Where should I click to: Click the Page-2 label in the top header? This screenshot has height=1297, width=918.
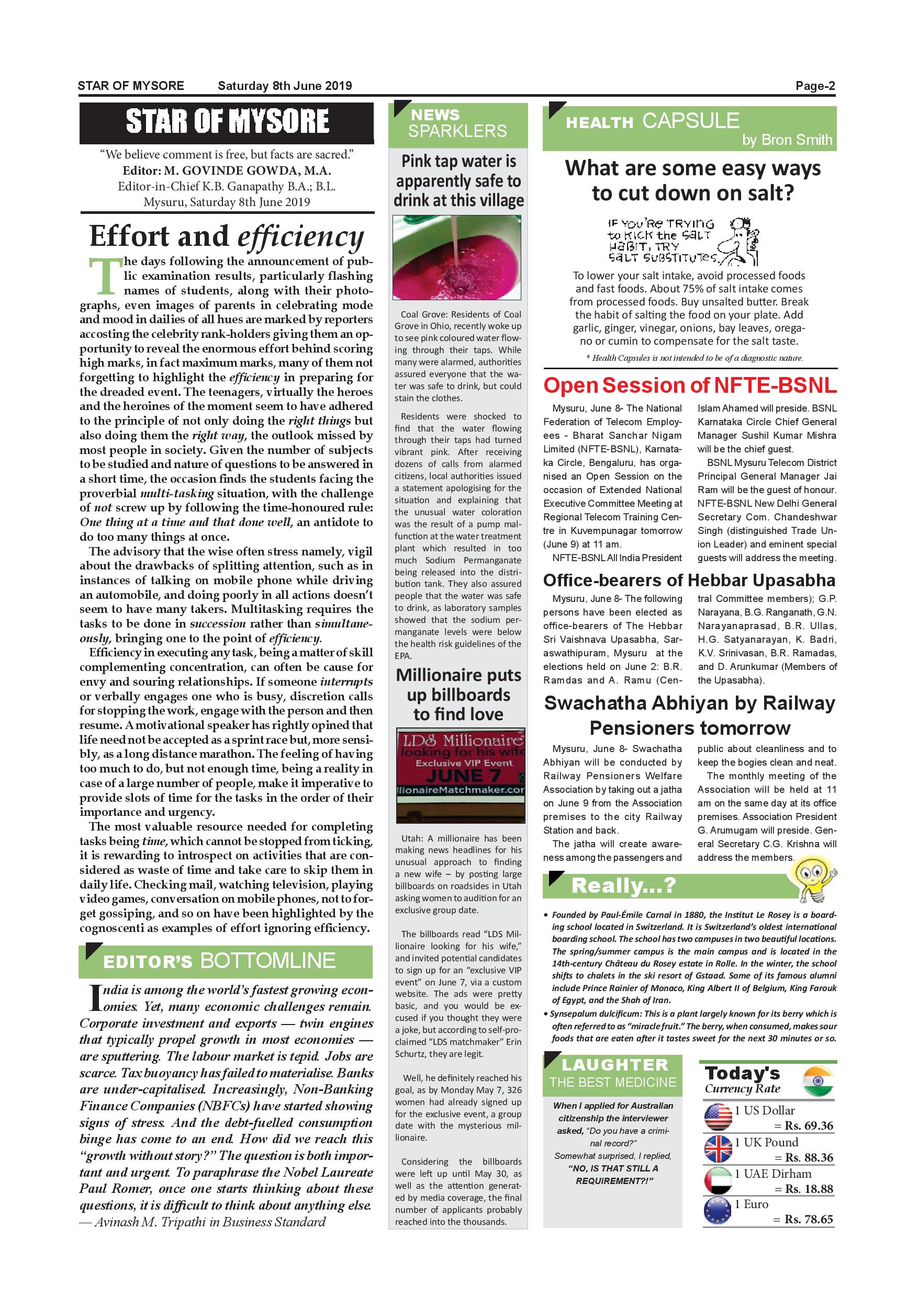click(814, 86)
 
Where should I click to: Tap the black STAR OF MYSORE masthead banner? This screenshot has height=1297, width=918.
click(227, 122)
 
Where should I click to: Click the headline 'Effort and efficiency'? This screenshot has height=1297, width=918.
click(227, 237)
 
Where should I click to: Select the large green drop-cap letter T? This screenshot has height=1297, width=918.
click(102, 277)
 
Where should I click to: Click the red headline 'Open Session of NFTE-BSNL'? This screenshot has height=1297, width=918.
click(690, 385)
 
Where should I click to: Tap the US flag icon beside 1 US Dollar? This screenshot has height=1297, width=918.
click(718, 1117)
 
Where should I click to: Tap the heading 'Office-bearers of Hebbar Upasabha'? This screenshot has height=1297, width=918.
click(689, 581)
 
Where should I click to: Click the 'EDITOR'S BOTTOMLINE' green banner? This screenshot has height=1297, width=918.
click(226, 961)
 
